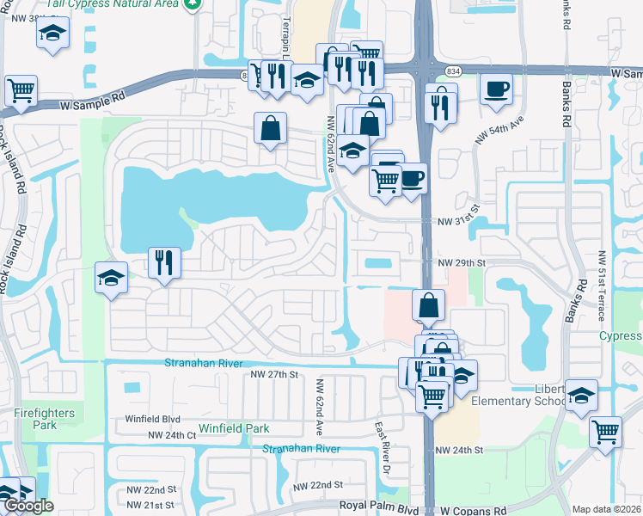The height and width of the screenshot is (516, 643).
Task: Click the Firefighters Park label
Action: tap(45, 419)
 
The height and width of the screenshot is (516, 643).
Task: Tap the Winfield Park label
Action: tap(234, 428)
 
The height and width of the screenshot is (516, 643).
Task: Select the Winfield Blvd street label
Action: tap(153, 419)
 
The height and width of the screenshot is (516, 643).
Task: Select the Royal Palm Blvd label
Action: tap(379, 509)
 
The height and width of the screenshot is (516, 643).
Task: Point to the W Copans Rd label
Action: tap(474, 510)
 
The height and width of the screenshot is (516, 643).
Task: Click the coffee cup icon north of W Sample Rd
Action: tap(497, 89)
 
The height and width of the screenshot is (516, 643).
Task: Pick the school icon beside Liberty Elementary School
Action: tap(581, 396)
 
